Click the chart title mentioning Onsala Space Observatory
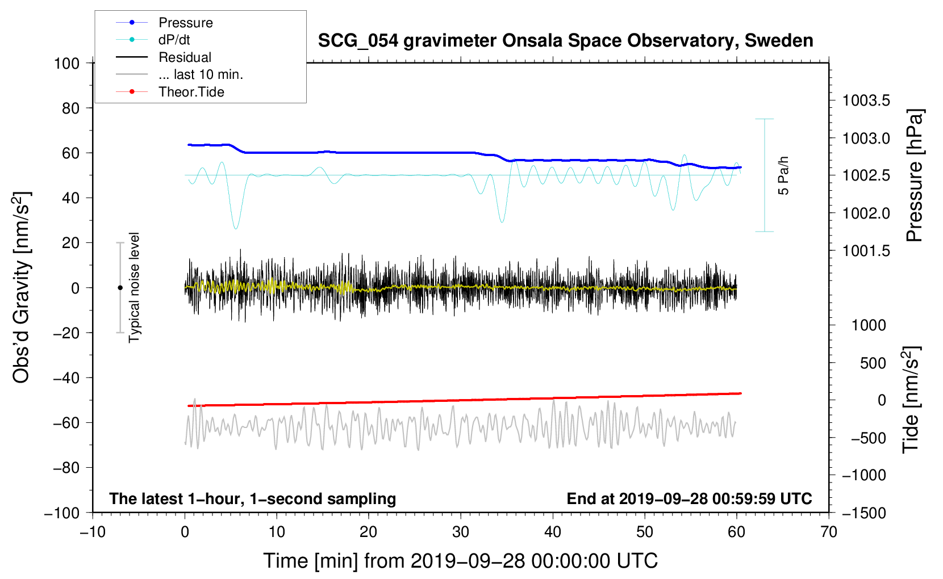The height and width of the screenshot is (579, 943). (x=565, y=41)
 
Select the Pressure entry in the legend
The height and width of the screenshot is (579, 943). (x=185, y=23)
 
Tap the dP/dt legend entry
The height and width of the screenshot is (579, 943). (x=174, y=40)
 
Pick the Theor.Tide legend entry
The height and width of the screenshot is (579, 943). (x=191, y=92)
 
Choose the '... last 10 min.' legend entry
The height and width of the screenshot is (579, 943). (x=201, y=74)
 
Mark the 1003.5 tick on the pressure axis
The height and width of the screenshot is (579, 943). (x=866, y=101)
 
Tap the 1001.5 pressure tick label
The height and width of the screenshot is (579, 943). (x=866, y=251)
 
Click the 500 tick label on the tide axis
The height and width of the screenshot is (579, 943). (x=873, y=363)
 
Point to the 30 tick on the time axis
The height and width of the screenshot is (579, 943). (x=461, y=532)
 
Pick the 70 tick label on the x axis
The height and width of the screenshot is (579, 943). (x=829, y=532)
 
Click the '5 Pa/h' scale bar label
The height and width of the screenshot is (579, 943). (x=784, y=175)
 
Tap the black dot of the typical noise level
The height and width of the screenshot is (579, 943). (x=120, y=288)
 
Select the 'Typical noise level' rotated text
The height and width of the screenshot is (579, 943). (x=134, y=288)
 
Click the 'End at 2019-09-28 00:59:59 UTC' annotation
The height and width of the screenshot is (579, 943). (x=689, y=499)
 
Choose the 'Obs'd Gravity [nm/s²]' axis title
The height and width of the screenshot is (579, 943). (x=22, y=287)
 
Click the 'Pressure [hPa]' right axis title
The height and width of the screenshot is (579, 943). (x=915, y=175)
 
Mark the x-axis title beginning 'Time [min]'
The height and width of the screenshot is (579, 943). (x=461, y=561)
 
